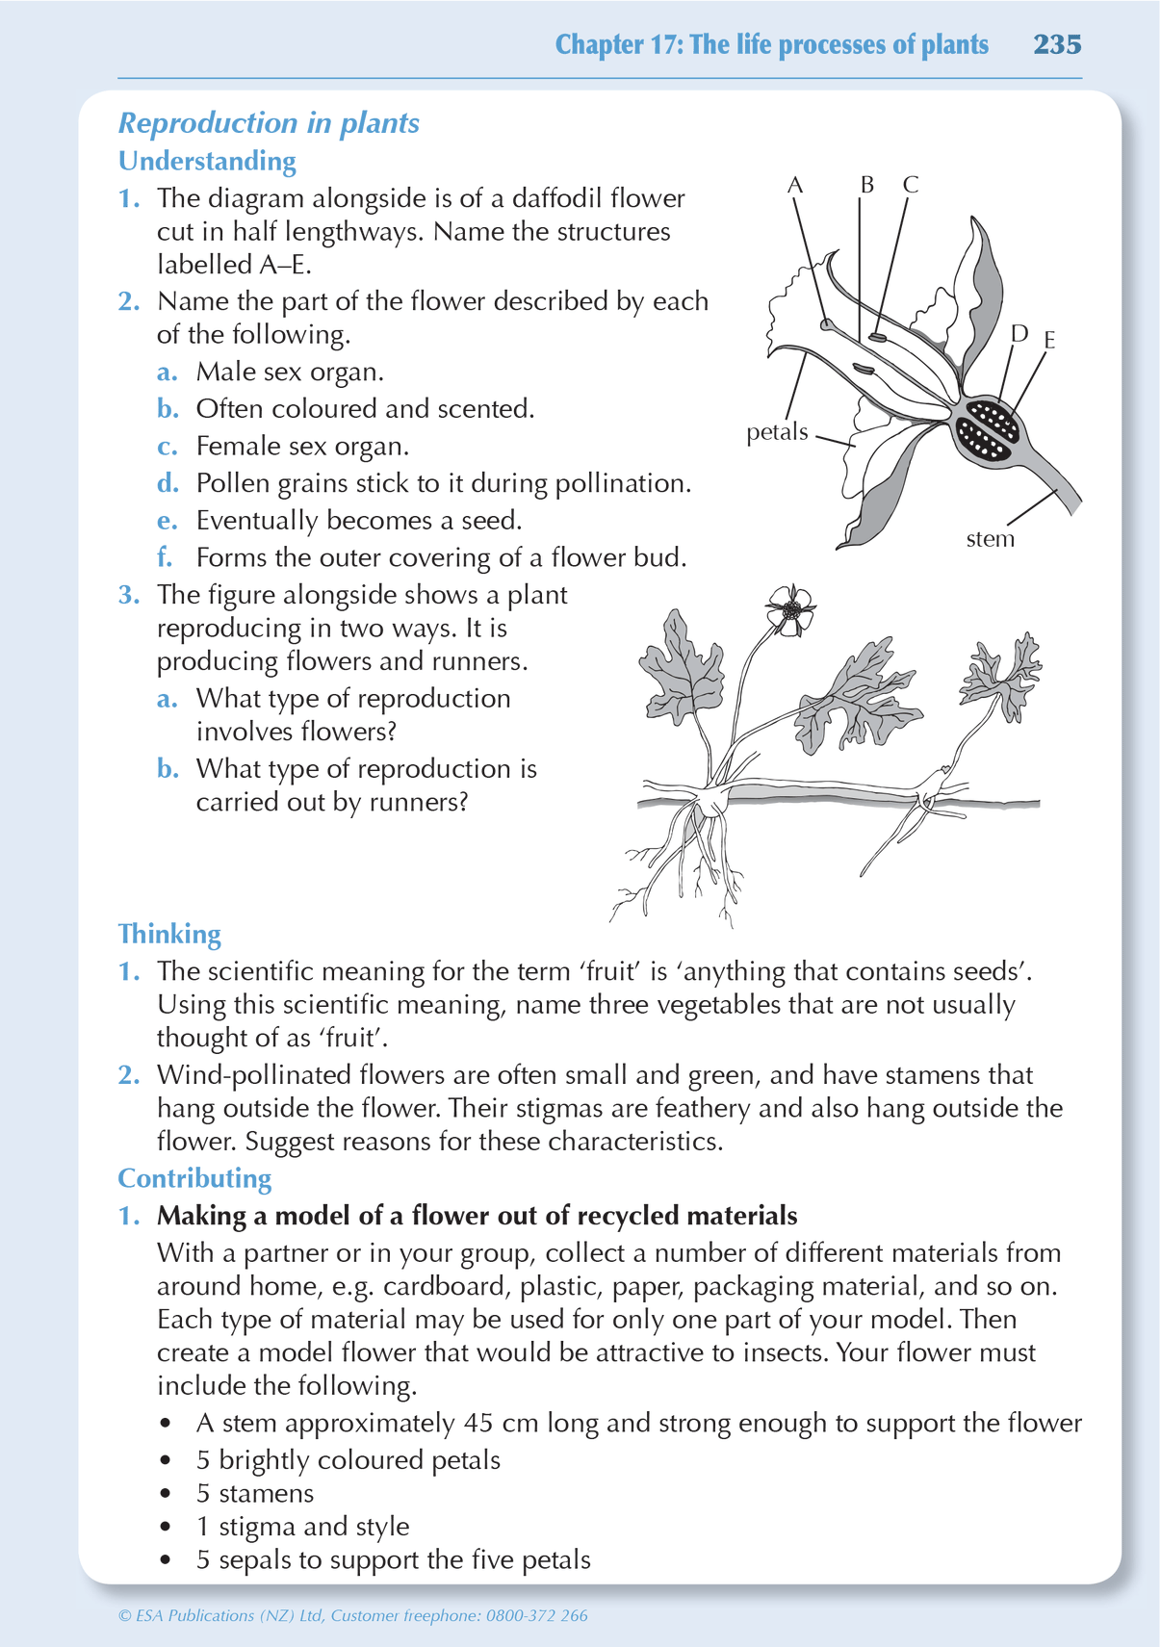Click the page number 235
(x=1057, y=44)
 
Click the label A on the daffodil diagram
(x=795, y=185)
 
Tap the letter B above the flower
(x=866, y=184)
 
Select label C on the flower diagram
(x=910, y=184)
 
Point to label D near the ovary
(x=1019, y=333)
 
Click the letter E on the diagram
(x=1049, y=340)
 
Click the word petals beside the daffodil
(x=777, y=432)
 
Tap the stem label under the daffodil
(x=990, y=539)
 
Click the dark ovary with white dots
(x=986, y=430)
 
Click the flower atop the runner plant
(x=790, y=610)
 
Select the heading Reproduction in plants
(x=269, y=123)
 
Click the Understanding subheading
(x=207, y=161)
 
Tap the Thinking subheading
(x=169, y=934)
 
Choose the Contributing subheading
(x=194, y=1178)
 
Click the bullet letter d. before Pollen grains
(x=168, y=483)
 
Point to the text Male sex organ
(x=290, y=372)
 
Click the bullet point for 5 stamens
(x=167, y=1494)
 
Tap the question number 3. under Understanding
(x=129, y=595)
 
